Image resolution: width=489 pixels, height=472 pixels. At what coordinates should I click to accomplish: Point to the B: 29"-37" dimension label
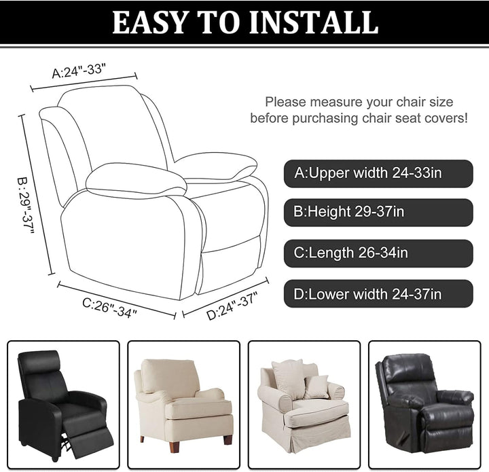coord(26,206)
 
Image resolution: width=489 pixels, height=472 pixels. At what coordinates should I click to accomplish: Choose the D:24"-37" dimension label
coord(232,306)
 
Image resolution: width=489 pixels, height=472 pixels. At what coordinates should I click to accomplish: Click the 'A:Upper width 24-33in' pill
coord(378,174)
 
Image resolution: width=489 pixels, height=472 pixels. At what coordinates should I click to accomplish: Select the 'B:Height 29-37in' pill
coord(378,213)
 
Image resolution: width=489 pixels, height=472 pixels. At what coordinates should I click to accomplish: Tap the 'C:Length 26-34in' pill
coord(378,253)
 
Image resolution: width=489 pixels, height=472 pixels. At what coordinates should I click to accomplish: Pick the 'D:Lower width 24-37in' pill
coord(378,293)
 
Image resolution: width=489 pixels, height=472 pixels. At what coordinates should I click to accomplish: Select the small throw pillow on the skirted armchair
coord(316,387)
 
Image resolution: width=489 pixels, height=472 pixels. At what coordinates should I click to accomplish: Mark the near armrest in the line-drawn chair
coord(136,180)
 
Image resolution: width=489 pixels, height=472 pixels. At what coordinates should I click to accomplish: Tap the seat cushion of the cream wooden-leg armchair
coord(198,407)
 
